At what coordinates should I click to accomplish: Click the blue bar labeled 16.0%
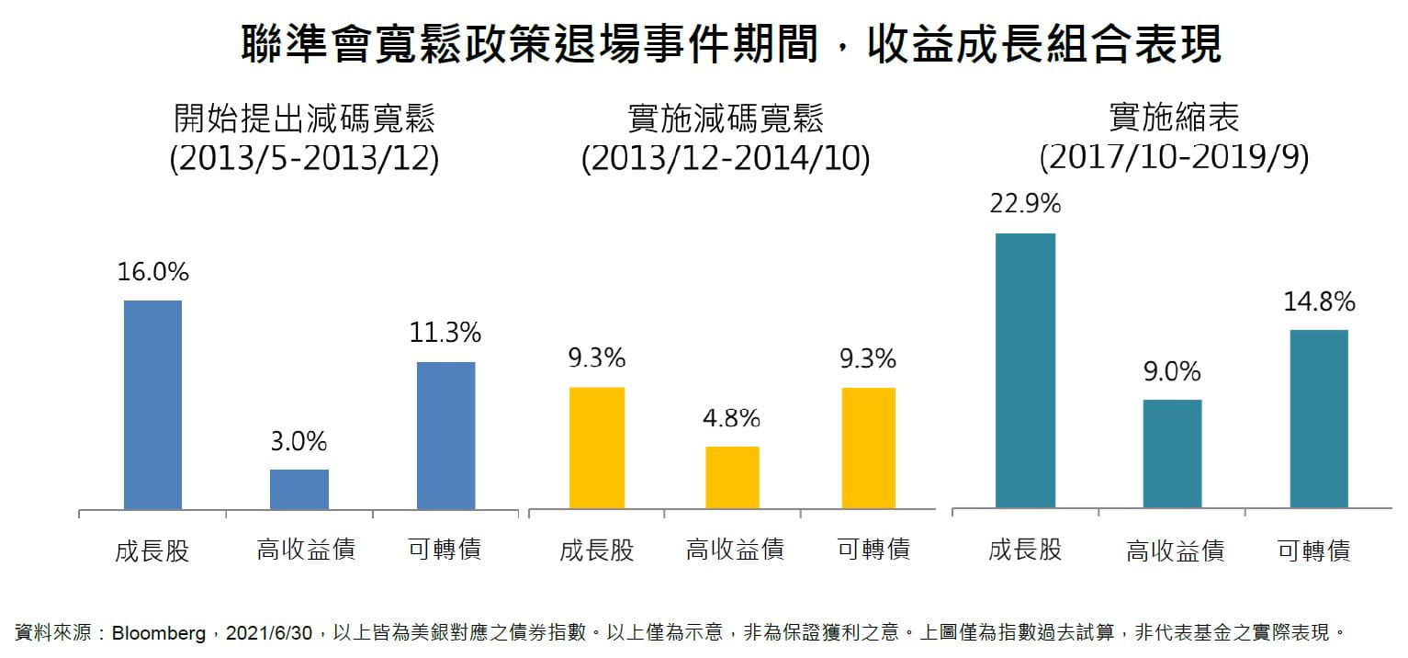(x=152, y=404)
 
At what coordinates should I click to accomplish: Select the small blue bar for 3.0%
(x=299, y=489)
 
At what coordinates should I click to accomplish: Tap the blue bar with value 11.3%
(x=446, y=436)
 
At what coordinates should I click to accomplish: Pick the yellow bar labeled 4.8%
(x=732, y=477)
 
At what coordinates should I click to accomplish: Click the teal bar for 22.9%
(x=1025, y=370)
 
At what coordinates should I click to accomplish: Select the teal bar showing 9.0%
(x=1172, y=453)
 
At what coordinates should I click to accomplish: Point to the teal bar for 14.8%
(x=1319, y=418)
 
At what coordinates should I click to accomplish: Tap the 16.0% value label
(x=152, y=272)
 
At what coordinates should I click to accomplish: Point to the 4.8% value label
(x=732, y=419)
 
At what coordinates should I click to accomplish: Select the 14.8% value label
(x=1319, y=301)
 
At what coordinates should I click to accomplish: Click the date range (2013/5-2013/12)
(x=304, y=159)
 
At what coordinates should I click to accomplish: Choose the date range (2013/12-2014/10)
(x=725, y=159)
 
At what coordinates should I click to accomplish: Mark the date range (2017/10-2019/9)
(x=1174, y=158)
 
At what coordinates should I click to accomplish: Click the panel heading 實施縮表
(x=1174, y=118)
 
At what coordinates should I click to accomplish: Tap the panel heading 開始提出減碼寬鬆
(x=304, y=119)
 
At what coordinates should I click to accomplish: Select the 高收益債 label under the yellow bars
(x=735, y=550)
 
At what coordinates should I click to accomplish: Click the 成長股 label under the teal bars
(x=1025, y=550)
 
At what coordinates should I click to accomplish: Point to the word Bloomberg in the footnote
(x=159, y=634)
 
